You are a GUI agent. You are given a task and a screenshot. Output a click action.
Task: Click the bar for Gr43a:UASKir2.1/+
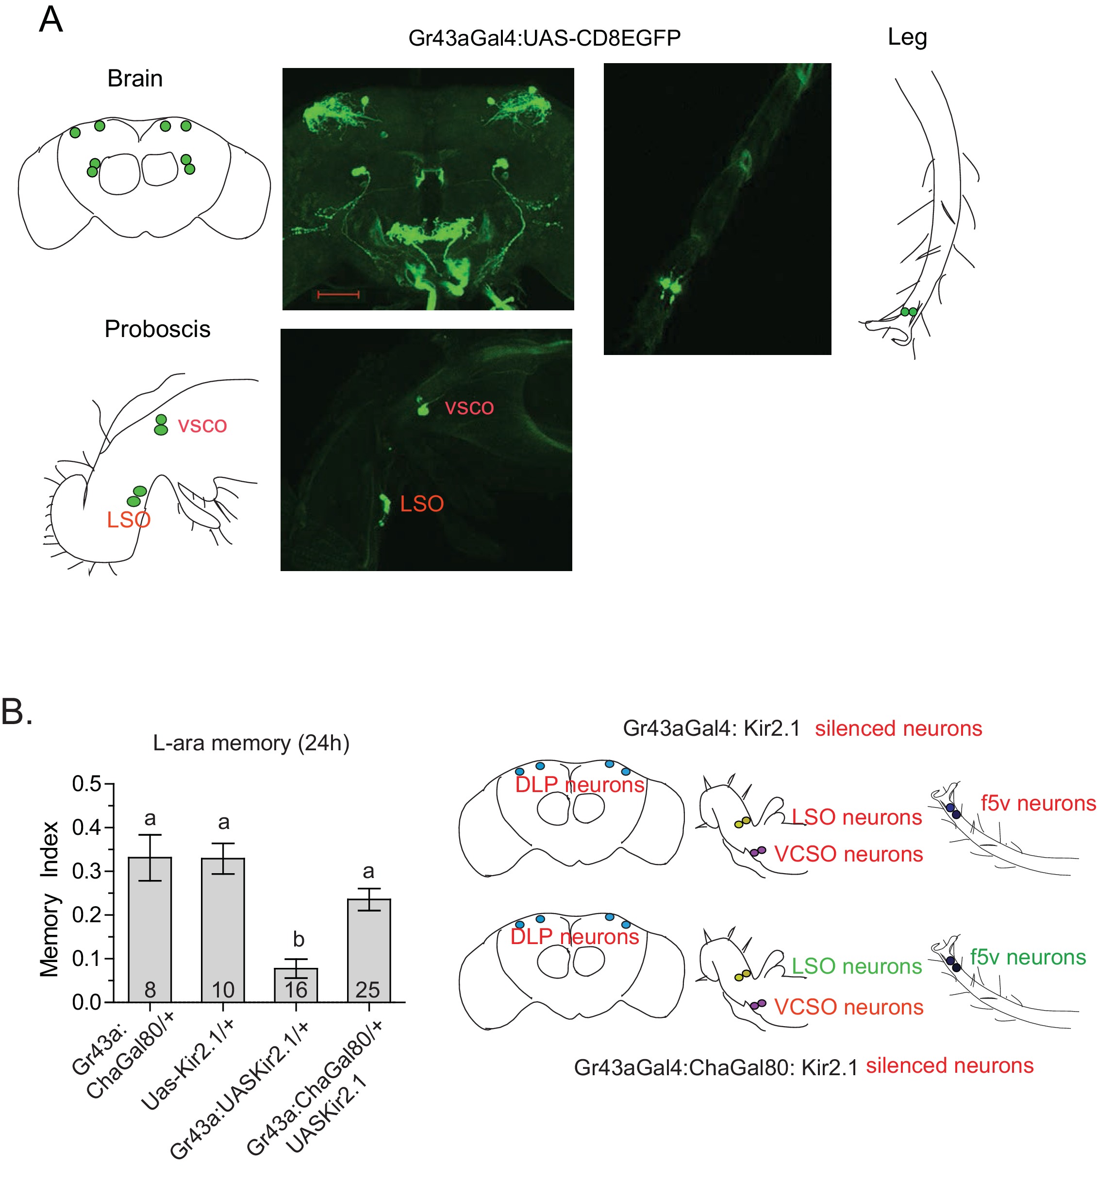(296, 985)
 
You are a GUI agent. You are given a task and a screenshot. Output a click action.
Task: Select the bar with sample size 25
(368, 951)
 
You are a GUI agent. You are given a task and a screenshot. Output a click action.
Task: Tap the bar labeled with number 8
(150, 929)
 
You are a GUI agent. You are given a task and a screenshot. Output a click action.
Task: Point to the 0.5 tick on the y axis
(109, 784)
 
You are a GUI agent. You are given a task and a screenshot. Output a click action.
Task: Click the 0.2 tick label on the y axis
(87, 915)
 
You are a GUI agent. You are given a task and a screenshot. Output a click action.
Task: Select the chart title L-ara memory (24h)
(251, 743)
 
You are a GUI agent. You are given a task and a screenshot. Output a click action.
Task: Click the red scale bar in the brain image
(338, 294)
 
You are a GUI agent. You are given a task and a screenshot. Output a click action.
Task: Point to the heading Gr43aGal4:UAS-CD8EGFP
(544, 38)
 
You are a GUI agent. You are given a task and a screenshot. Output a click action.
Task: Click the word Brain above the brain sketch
(135, 78)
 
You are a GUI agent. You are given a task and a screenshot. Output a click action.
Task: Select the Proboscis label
(157, 329)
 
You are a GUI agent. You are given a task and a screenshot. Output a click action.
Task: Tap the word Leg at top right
(907, 38)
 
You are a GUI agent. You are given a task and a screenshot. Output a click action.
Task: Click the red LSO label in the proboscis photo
(421, 504)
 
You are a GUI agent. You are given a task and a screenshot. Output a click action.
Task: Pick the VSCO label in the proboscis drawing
(202, 425)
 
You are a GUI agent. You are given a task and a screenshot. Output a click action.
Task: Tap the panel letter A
(50, 19)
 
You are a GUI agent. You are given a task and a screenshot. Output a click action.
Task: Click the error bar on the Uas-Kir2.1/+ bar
(223, 859)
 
